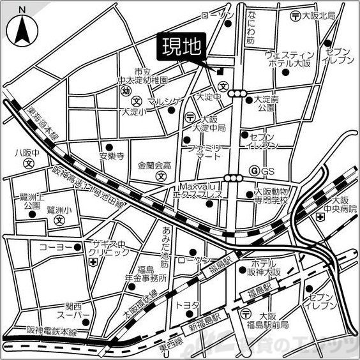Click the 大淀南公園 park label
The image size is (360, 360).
pos(265,104)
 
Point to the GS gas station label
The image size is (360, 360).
pos(267,171)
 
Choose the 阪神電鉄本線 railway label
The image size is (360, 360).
pos(52,332)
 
